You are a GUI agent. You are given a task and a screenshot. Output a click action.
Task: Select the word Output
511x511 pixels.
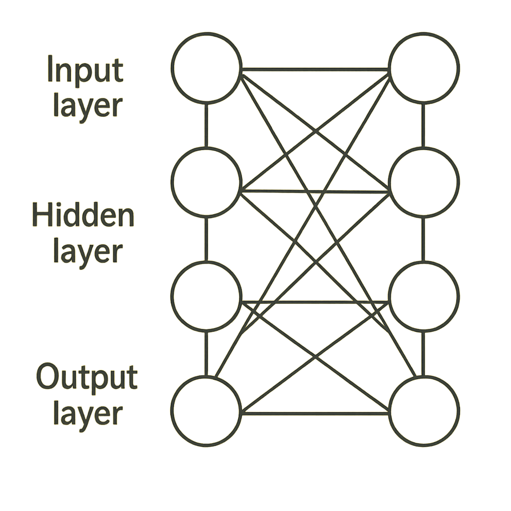click(87, 378)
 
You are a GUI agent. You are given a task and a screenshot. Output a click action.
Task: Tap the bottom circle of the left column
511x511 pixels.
click(206, 411)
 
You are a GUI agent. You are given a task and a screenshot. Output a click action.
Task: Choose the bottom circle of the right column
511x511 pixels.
click(424, 411)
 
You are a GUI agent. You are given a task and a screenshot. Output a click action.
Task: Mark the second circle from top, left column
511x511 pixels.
click(206, 182)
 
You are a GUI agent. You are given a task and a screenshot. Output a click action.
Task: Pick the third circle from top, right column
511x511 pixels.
click(424, 296)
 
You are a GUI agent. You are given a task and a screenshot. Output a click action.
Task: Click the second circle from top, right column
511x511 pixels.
click(424, 182)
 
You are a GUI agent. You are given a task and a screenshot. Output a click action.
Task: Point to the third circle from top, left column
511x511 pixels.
click(206, 296)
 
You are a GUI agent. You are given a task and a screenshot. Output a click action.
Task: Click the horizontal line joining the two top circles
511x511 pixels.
click(315, 69)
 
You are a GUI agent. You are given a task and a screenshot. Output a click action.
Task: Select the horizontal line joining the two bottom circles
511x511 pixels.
click(315, 413)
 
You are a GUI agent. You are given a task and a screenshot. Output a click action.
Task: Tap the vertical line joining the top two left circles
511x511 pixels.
click(206, 125)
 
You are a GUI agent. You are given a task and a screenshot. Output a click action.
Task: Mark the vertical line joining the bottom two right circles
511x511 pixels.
click(423, 353)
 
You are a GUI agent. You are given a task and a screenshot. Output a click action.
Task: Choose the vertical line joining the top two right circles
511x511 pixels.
click(423, 125)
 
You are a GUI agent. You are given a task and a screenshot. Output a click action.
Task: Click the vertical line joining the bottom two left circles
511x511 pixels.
click(206, 353)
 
